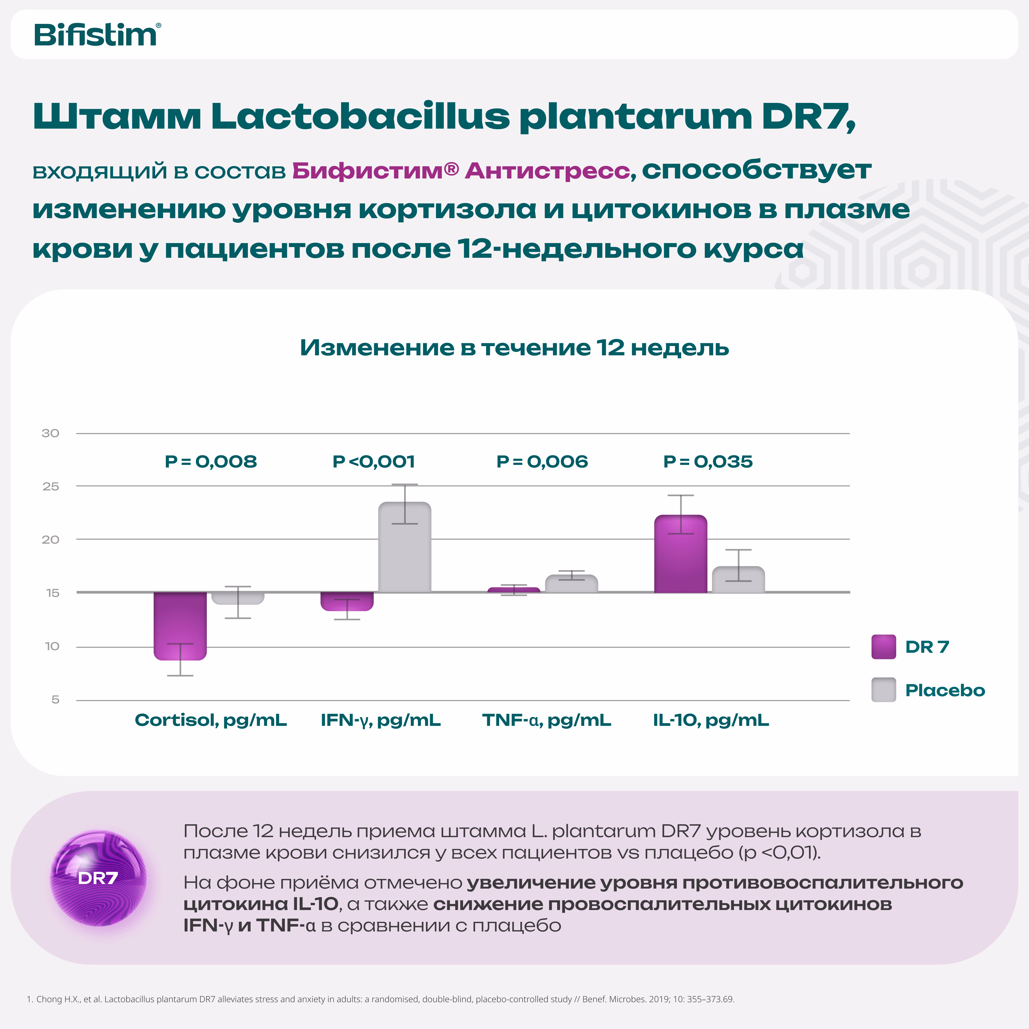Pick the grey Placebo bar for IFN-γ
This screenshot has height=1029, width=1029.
[405, 547]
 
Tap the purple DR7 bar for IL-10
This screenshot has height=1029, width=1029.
[681, 554]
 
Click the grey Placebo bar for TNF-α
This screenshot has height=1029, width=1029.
[572, 584]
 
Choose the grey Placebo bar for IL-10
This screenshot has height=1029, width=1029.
[738, 579]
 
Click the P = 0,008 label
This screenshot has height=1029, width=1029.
[211, 462]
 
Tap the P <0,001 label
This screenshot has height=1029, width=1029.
[374, 462]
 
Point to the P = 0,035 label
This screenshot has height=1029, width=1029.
[708, 462]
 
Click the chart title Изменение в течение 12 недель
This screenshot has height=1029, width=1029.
[514, 348]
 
